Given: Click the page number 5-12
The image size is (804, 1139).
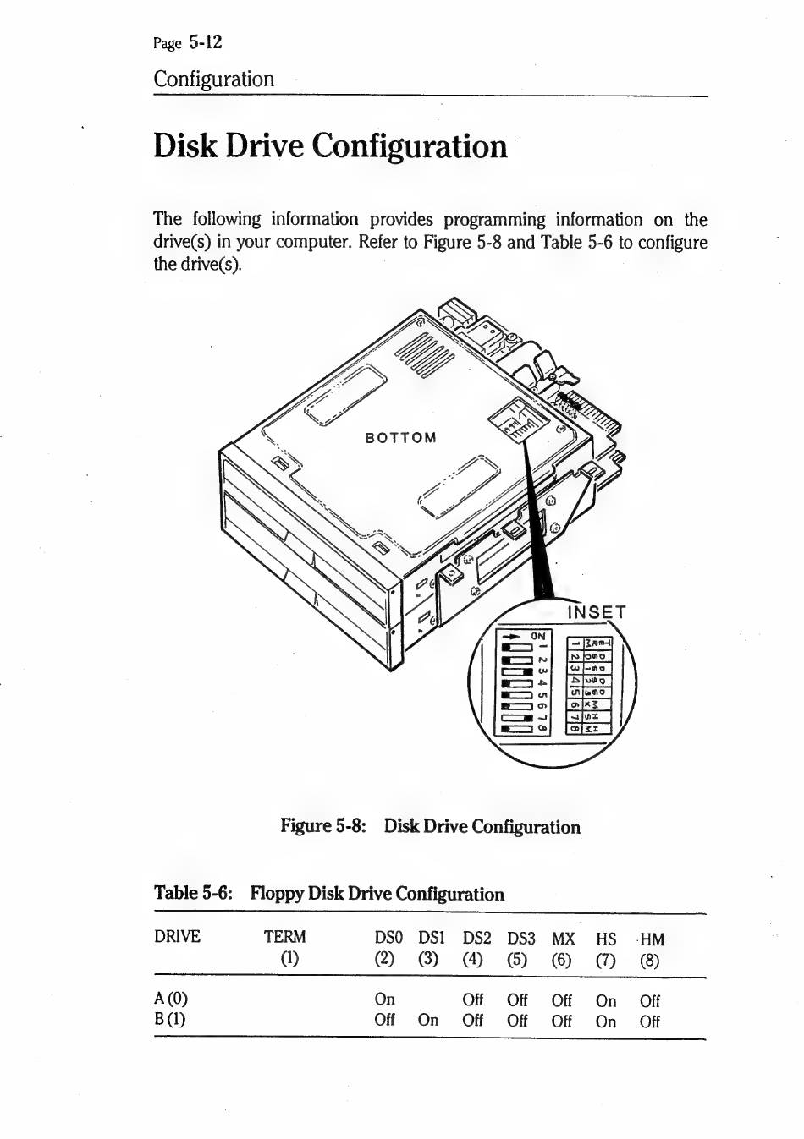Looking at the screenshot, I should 206,41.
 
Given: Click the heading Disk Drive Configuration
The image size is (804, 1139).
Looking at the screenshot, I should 330,146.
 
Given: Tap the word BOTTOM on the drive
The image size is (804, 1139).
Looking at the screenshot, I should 400,438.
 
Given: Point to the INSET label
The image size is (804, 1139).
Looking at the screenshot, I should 596,612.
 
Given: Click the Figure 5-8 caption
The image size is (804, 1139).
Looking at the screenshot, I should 430,826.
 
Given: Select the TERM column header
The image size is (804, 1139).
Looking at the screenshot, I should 284,937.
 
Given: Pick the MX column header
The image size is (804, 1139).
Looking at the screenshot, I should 563,939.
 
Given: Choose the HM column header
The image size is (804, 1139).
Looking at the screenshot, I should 652,939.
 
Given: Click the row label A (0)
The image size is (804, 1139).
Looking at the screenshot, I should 170,999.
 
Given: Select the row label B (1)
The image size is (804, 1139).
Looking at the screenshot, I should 170,1019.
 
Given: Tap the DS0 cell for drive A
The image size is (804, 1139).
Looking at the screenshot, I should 384,999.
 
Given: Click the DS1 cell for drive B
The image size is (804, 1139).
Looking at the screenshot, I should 428,1020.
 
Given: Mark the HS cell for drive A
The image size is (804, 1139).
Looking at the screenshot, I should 606,1000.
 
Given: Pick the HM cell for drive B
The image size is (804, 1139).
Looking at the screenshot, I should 650,1021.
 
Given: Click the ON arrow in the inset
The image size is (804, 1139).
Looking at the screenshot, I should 511,637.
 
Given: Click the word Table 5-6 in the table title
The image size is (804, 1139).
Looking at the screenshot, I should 193,893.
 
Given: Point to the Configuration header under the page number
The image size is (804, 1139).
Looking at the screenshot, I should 214,79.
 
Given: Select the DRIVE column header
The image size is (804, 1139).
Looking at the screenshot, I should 177,937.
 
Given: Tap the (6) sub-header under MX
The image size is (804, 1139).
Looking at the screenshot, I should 562,960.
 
